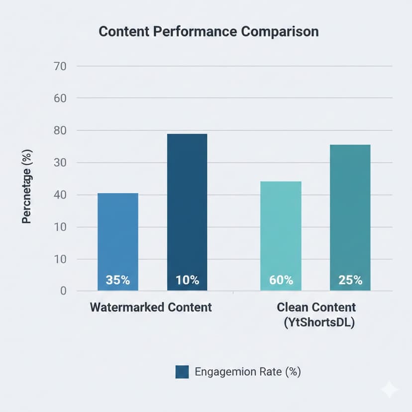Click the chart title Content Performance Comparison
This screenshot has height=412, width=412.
[208, 31]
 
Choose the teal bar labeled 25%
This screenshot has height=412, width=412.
[350, 216]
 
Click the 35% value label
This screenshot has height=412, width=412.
[118, 280]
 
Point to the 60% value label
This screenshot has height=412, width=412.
[281, 280]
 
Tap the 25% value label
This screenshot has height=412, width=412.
[350, 280]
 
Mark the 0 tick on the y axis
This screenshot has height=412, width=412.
[63, 291]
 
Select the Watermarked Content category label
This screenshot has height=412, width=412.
[151, 307]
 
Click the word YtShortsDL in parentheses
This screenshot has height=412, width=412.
[319, 322]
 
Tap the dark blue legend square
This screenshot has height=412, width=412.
[182, 372]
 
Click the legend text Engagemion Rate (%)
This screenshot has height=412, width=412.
[248, 372]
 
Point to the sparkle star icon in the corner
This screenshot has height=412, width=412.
[389, 390]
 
